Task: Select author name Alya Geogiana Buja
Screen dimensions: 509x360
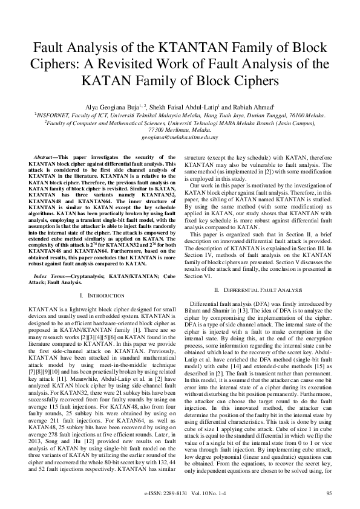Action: tap(111, 108)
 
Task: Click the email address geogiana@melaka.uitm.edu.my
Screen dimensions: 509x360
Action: tap(180, 138)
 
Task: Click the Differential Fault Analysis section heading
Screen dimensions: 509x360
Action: tap(260, 291)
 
